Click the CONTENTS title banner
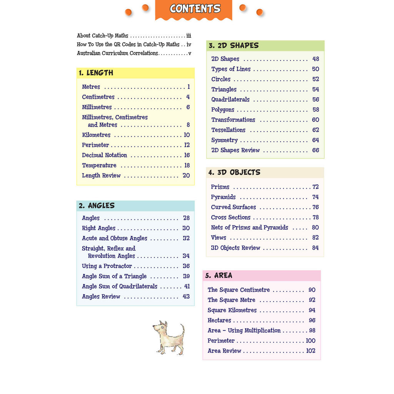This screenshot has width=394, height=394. (x=195, y=9)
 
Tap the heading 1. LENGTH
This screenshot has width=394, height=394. (x=96, y=73)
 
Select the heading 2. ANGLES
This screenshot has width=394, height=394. (x=97, y=206)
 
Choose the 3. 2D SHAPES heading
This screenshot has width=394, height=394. (x=234, y=45)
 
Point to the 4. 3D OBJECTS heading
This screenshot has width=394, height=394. (x=234, y=172)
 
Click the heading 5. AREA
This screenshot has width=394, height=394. (x=219, y=275)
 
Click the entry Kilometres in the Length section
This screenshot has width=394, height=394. (x=96, y=135)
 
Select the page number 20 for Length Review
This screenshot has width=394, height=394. (x=186, y=175)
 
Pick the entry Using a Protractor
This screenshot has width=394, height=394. (x=107, y=266)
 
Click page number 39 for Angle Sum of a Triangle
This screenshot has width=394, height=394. (x=186, y=276)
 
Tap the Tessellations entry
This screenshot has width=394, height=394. (x=228, y=130)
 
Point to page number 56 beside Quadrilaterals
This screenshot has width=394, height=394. (x=316, y=100)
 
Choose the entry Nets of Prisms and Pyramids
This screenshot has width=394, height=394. (x=249, y=227)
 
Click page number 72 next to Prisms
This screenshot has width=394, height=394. (x=316, y=187)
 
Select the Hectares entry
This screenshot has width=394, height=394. (x=219, y=321)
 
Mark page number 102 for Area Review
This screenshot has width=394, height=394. (x=311, y=351)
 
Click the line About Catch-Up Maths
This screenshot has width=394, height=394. (x=103, y=35)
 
